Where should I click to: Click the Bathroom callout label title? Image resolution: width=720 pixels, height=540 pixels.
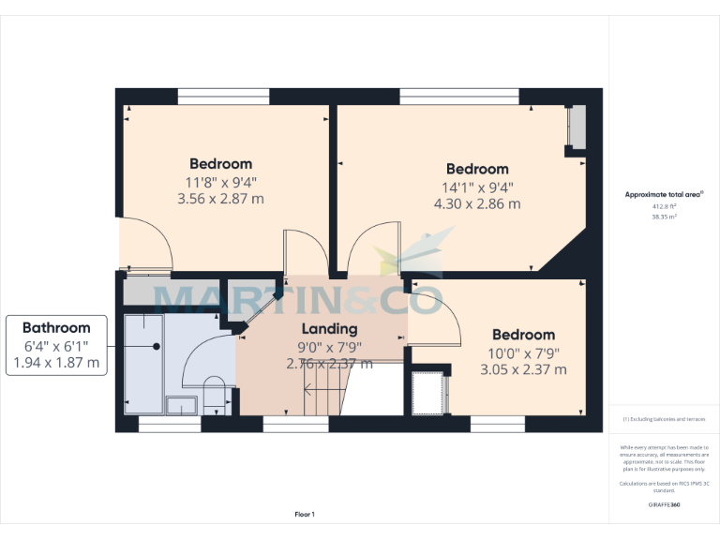(x=56, y=328)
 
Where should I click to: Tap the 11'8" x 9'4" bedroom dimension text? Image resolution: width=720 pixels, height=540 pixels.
(x=221, y=182)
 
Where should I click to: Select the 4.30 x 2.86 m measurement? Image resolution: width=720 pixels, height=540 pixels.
(x=477, y=203)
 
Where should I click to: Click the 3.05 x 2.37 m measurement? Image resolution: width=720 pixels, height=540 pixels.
(x=523, y=369)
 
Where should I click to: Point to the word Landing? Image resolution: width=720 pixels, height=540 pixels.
(x=329, y=329)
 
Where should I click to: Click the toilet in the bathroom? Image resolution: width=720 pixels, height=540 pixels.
(x=215, y=395)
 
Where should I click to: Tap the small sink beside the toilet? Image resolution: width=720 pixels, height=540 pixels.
(x=181, y=405)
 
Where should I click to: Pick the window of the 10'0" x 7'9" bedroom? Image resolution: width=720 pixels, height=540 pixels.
(x=497, y=425)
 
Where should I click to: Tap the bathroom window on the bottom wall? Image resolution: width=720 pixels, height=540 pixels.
(x=170, y=425)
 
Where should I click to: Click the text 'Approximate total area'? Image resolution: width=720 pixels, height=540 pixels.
(x=664, y=195)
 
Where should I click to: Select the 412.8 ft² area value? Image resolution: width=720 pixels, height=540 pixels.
(x=664, y=206)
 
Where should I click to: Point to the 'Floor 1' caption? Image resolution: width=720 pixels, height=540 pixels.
(x=305, y=514)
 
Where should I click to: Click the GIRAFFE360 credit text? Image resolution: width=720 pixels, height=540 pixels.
(x=664, y=504)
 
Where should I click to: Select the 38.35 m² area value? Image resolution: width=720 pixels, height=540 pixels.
(x=664, y=216)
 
